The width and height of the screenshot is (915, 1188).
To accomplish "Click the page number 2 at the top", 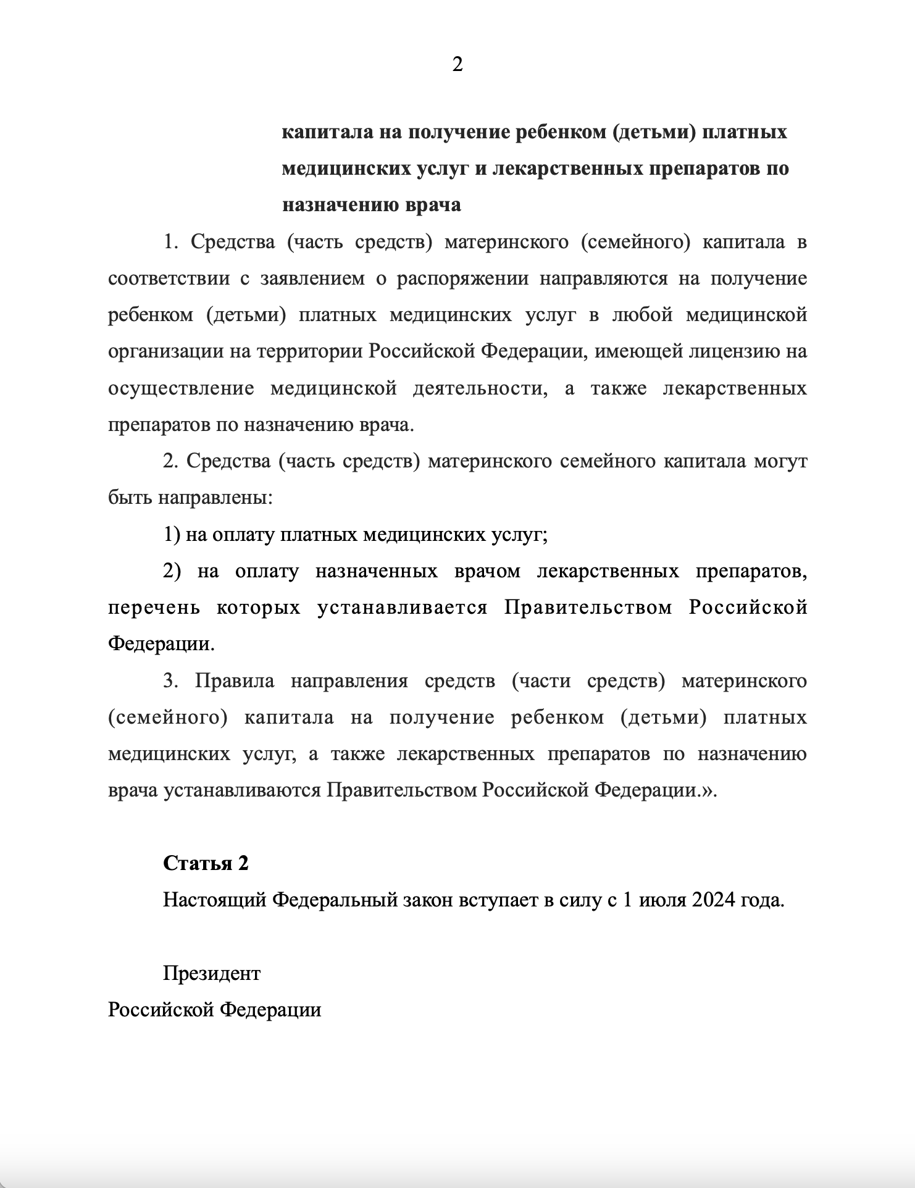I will click(457, 64).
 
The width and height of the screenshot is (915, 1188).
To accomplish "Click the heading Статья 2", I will click(206, 863).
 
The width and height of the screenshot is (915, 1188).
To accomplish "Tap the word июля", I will click(661, 900).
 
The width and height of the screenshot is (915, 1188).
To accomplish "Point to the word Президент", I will click(212, 973).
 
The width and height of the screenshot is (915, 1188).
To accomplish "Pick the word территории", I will click(310, 351).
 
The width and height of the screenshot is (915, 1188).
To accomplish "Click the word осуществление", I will click(181, 388).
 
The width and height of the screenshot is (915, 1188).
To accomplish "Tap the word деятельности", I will click(480, 388).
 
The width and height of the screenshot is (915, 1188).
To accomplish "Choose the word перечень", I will click(154, 608).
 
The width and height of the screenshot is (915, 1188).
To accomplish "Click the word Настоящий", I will click(214, 900).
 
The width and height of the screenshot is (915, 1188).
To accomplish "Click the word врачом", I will click(487, 571).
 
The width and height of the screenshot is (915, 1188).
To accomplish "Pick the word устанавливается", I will click(403, 608).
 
